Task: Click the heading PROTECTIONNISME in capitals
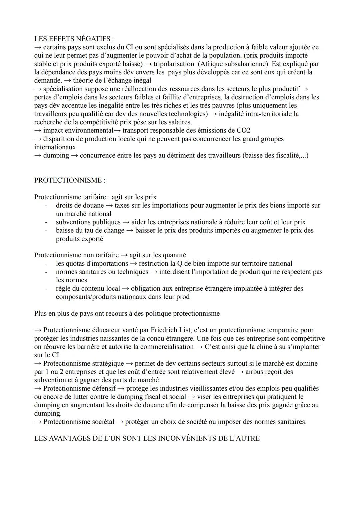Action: pyautogui.click(x=70, y=180)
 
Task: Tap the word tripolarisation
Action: pyautogui.click(x=174, y=64)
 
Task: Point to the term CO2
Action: pyautogui.click(x=243, y=130)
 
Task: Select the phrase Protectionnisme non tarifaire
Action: pyautogui.click(x=76, y=255)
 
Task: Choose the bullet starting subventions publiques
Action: pyautogui.click(x=88, y=222)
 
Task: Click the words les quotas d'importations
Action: pyautogui.click(x=92, y=263)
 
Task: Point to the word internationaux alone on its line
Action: pyautogui.click(x=55, y=147)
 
